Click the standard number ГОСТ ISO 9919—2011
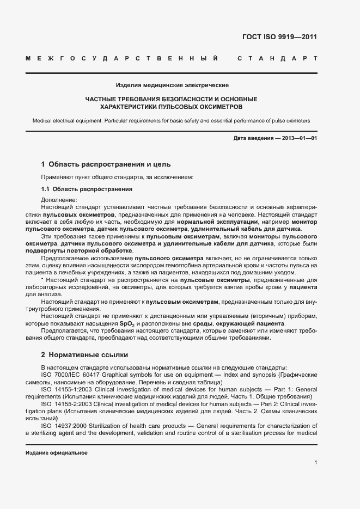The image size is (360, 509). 279,38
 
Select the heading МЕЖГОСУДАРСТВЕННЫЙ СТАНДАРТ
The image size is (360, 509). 172,58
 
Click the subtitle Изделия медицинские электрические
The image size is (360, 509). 172,85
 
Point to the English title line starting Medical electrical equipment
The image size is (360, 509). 171,120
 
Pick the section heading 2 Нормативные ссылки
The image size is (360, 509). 85,355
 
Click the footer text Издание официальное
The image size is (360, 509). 56,453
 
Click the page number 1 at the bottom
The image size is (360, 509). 316,462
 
